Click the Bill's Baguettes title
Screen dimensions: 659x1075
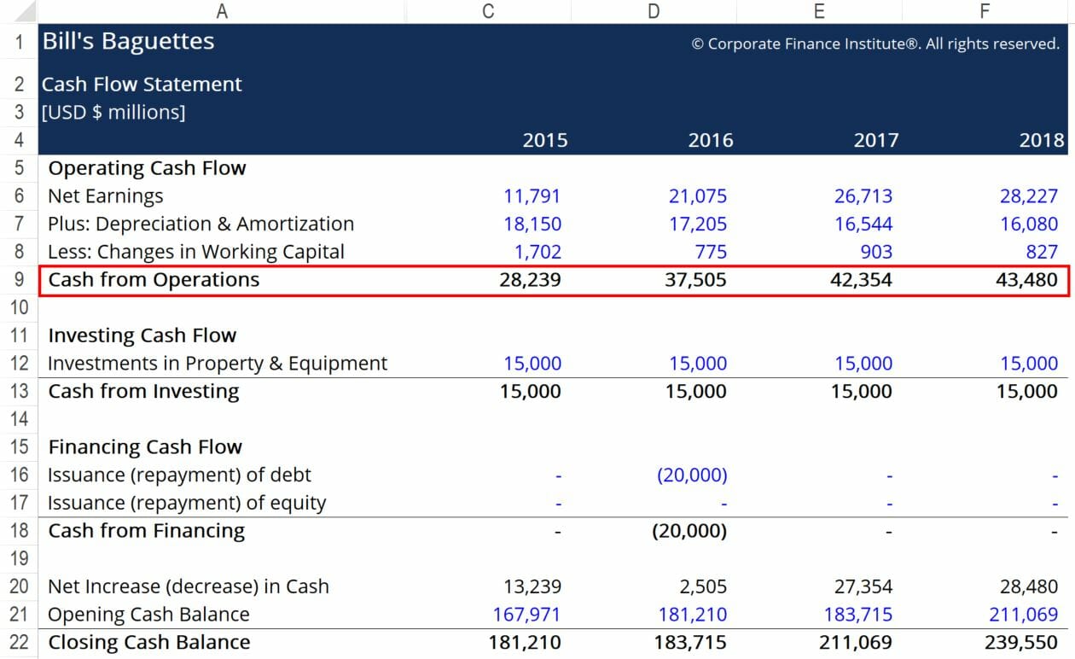coord(128,42)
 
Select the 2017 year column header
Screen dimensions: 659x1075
coord(875,140)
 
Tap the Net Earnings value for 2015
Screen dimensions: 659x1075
coord(532,196)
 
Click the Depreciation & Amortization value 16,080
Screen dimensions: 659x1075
coord(1029,225)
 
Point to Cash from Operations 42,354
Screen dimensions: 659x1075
coord(861,280)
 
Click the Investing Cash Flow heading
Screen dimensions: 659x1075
coord(142,335)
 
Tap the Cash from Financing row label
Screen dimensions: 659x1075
coord(146,531)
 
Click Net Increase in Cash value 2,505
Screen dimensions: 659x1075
coord(698,586)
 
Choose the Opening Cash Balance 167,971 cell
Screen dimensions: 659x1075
coord(526,615)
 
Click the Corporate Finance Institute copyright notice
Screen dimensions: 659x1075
coord(875,44)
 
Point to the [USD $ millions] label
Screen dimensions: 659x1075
coord(113,112)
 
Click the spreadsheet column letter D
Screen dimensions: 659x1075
coord(654,11)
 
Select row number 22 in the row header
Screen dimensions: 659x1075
coord(19,643)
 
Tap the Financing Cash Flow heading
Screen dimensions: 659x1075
coord(145,447)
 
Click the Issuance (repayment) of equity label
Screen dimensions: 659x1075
coord(186,503)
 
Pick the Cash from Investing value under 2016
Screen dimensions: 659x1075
coord(697,392)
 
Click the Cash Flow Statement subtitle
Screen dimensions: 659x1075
coord(142,85)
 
